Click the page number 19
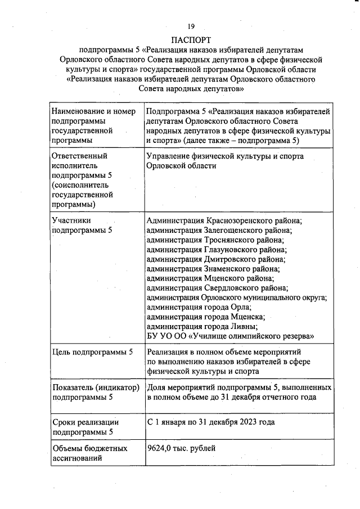[191, 26]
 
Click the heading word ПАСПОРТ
[191, 40]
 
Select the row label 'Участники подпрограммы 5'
[82, 226]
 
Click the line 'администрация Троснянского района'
[215, 240]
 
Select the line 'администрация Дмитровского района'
[215, 259]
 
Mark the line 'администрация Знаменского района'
[213, 269]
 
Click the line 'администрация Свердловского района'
[217, 288]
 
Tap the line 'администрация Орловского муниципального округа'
[236, 298]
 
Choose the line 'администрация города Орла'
[199, 307]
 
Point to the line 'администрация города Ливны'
[201, 326]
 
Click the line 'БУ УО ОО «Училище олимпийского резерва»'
[230, 336]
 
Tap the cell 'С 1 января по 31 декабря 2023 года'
[211, 422]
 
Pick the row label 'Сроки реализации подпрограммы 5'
[85, 427]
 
